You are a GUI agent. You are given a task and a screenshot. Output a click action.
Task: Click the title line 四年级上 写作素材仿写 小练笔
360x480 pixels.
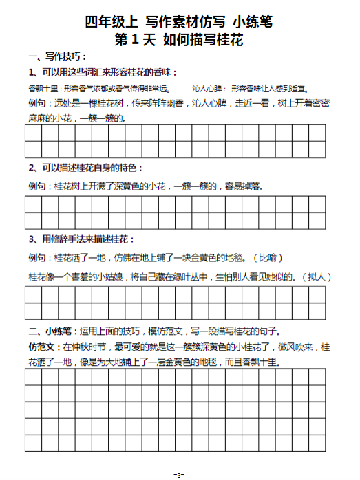[x=179, y=22]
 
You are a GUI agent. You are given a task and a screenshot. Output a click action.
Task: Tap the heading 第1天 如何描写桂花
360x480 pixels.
[x=179, y=40]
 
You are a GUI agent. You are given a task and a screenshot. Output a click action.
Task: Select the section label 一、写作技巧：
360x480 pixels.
[x=57, y=56]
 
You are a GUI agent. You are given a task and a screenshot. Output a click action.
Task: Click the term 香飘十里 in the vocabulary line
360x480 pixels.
[x=43, y=89]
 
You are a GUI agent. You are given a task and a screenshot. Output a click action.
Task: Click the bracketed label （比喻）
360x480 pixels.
[x=268, y=258]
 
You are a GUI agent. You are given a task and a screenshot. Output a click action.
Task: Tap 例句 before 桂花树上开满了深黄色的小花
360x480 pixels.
[x=39, y=186]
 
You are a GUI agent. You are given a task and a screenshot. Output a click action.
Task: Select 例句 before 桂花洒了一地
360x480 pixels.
[x=39, y=258]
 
